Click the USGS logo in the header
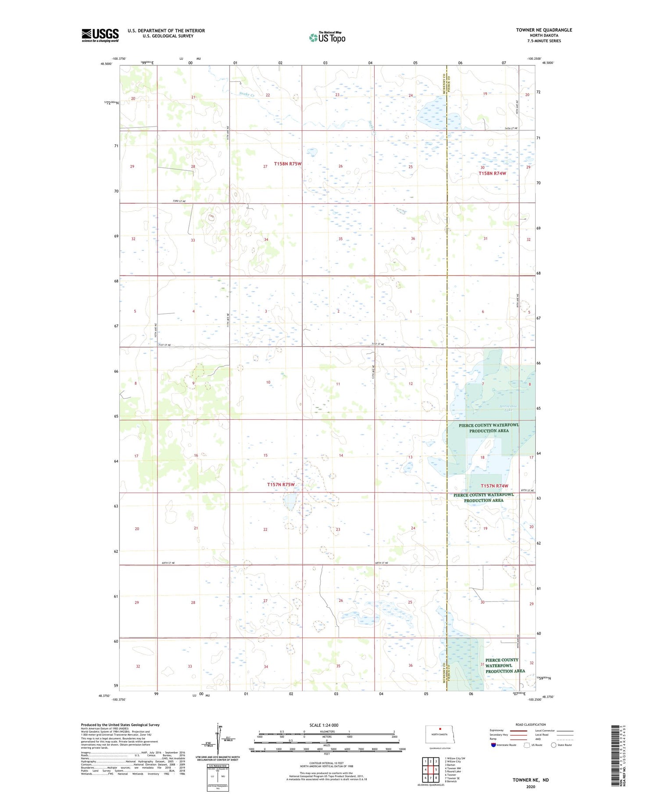pos(100,35)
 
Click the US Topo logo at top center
pos(327,37)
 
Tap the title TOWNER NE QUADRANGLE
pos(544,30)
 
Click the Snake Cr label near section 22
pos(247,94)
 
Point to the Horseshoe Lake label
pos(508,408)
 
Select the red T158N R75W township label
pos(288,164)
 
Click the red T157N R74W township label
pos(494,486)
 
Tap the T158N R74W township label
pos(492,173)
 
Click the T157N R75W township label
pos(281,485)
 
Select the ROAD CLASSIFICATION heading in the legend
pos(530,724)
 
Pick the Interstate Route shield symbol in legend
pos(493,745)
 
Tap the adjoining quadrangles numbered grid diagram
pos(430,771)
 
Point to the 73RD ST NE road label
pos(179,201)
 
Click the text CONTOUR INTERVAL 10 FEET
pos(326,763)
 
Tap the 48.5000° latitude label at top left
pos(106,64)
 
